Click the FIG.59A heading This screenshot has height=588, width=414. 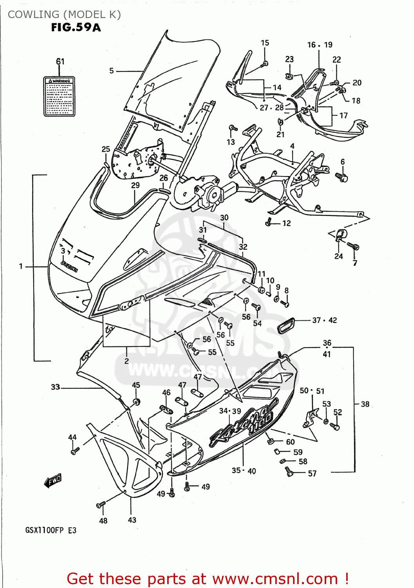click(x=76, y=27)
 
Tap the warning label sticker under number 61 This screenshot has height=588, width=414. click(x=59, y=96)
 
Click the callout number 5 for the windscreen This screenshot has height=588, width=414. click(x=112, y=71)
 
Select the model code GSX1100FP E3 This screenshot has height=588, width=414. click(x=51, y=530)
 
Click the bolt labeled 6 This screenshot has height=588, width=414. click(x=342, y=177)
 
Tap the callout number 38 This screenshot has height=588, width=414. click(x=365, y=404)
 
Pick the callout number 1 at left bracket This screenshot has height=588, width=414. click(x=21, y=267)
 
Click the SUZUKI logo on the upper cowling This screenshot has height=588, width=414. click(x=69, y=266)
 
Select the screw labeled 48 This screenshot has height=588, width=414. click(x=101, y=505)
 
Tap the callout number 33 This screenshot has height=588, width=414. click(x=56, y=387)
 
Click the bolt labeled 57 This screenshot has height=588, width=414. click(x=289, y=471)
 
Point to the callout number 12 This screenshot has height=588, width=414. click(x=287, y=223)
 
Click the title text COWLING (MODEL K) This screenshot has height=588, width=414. click(x=64, y=15)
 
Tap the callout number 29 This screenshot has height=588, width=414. click(x=135, y=185)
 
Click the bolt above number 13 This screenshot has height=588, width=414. click(x=233, y=128)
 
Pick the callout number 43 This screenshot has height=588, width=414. click(x=132, y=520)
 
